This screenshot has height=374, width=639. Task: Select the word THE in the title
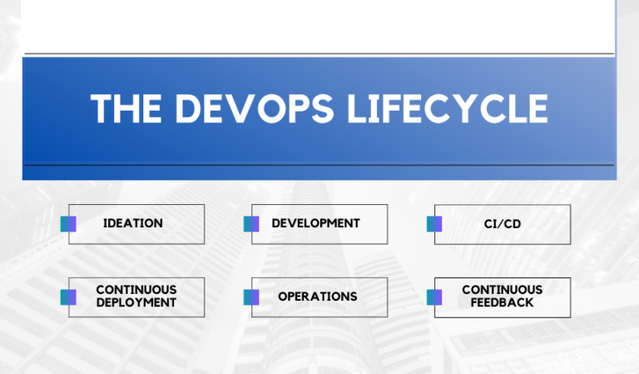tap(124, 109)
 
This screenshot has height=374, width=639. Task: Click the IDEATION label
tap(133, 223)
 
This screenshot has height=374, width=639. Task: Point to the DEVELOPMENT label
tap(315, 223)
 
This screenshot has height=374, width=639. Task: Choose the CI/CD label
tap(503, 224)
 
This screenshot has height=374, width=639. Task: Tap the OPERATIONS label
tap(318, 297)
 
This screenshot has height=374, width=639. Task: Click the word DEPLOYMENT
tap(136, 303)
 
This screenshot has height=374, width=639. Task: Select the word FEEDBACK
tap(503, 303)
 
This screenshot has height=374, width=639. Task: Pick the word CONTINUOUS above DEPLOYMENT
tap(136, 290)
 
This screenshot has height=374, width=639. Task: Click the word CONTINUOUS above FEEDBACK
tap(503, 290)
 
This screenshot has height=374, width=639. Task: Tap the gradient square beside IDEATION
tap(68, 224)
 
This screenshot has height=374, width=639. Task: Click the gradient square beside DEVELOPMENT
tap(251, 224)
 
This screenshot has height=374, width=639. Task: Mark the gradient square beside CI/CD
tap(434, 224)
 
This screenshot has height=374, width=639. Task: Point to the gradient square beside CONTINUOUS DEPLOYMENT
tap(68, 297)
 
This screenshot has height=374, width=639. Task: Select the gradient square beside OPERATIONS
tap(251, 297)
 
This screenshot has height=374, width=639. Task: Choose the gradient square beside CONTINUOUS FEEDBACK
tap(434, 297)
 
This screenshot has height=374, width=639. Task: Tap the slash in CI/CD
tap(502, 224)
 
